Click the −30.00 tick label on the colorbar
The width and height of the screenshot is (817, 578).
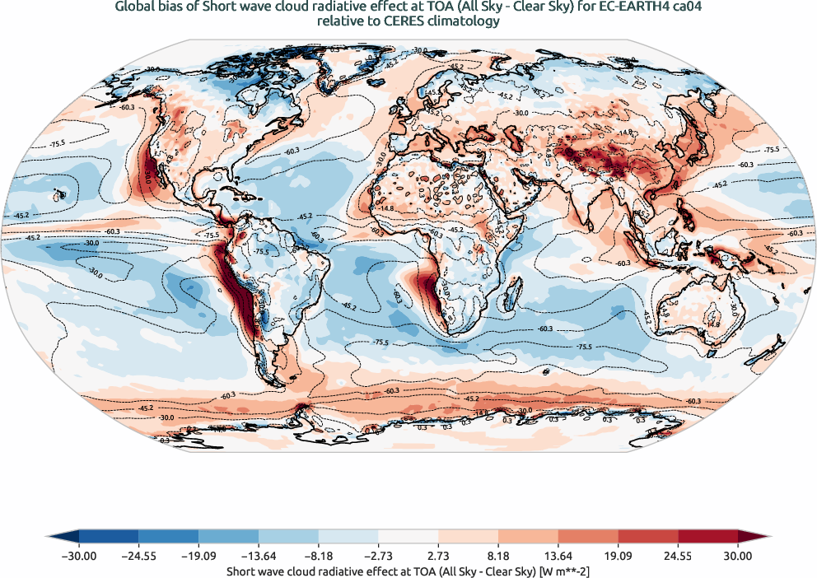pyautogui.click(x=78, y=556)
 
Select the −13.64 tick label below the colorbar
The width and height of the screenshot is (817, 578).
pyautogui.click(x=259, y=556)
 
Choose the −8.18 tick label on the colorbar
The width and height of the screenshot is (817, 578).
pyautogui.click(x=318, y=556)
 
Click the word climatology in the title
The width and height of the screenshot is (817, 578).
pyautogui.click(x=462, y=22)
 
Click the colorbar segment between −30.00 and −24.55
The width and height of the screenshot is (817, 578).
pyautogui.click(x=108, y=536)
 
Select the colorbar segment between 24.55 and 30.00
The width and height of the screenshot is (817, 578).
pyautogui.click(x=707, y=536)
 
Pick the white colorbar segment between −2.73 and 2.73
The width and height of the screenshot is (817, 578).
pyautogui.click(x=408, y=536)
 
